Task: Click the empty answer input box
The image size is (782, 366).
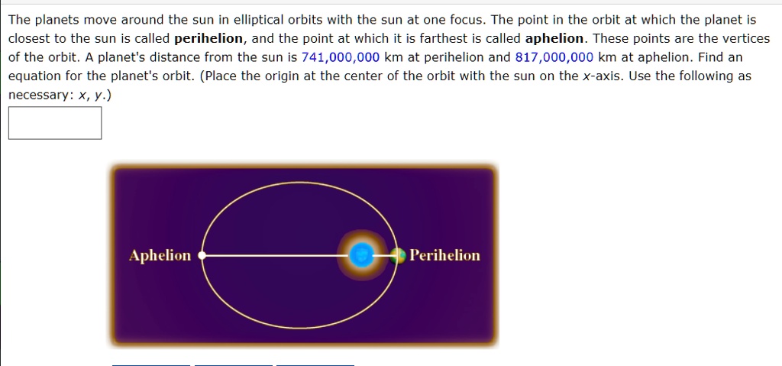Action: [x=55, y=123]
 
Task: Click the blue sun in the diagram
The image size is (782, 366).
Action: [x=363, y=256]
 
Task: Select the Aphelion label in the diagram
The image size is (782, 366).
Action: [x=160, y=255]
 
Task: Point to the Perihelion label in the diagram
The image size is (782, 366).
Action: [x=445, y=255]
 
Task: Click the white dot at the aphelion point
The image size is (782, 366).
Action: [x=202, y=256]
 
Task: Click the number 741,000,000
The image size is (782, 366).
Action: [x=341, y=57]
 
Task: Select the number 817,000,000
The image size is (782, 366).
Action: [x=554, y=57]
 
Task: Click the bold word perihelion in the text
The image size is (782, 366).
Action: [x=209, y=38]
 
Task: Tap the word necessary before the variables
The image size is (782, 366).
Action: [x=34, y=95]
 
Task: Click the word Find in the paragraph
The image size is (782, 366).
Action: [x=709, y=57]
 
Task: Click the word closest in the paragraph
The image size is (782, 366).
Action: [x=30, y=38]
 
